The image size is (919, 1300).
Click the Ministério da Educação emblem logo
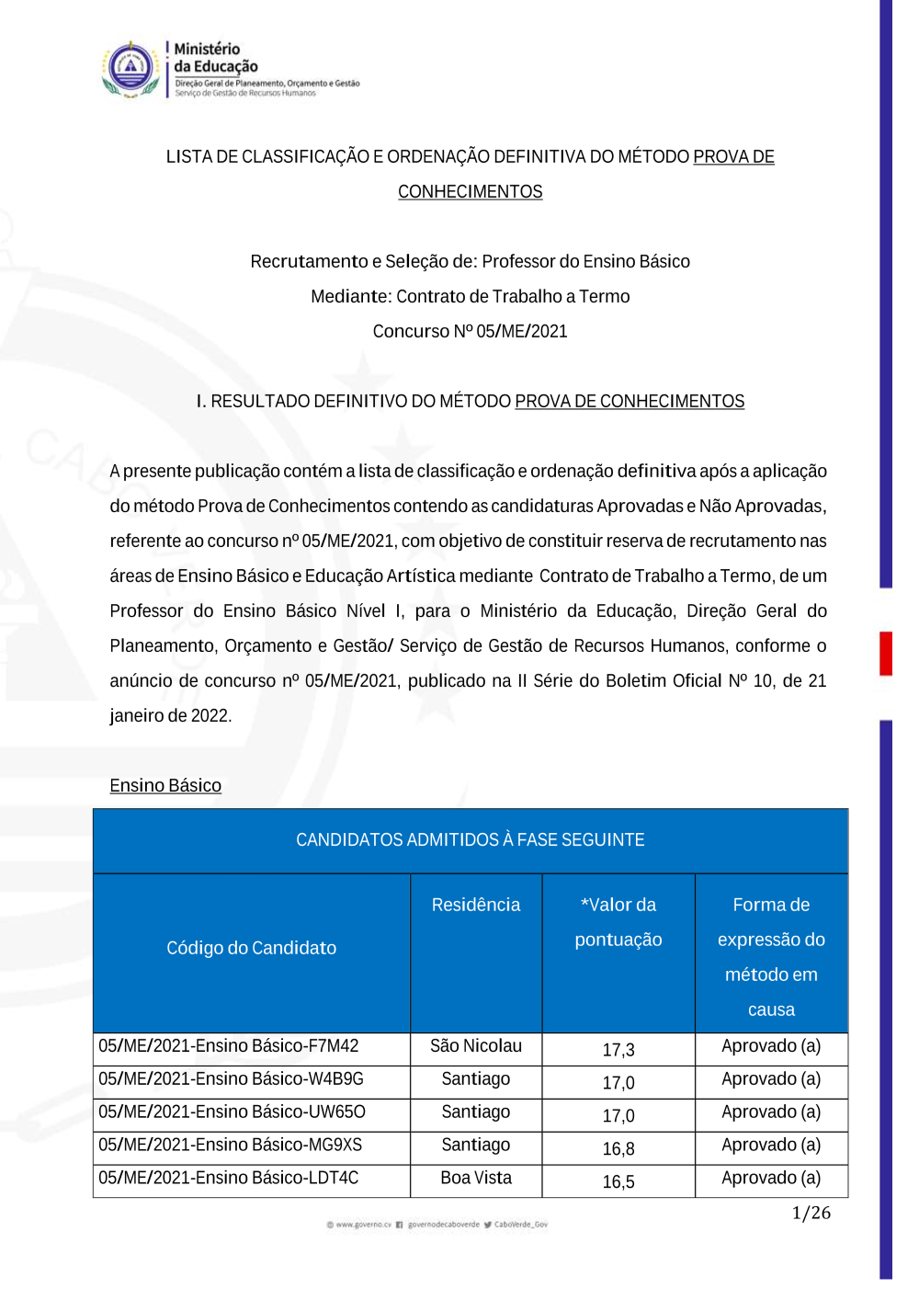point(130,69)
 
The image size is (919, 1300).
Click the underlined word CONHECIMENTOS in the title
point(470,191)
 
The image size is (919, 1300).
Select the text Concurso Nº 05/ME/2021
point(470,331)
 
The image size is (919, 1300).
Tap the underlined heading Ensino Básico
point(165,785)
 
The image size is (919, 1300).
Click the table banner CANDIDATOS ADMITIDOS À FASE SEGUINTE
point(470,839)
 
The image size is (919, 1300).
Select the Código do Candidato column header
point(251,948)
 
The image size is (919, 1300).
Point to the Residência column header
point(475,905)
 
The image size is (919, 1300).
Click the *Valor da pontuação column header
point(618,922)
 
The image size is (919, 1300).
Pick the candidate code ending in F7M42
point(229,1046)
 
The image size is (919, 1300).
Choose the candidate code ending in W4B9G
point(231,1079)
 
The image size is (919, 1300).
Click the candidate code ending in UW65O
point(232,1112)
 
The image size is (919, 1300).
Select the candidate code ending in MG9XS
point(230,1146)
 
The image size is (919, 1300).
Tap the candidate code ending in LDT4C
point(228,1179)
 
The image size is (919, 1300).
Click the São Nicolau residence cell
point(475,1046)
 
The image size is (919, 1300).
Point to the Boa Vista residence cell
point(475,1179)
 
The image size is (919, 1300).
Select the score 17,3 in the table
point(618,1050)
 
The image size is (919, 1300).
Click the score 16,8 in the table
point(618,1149)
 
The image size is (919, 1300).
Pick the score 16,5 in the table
point(618,1182)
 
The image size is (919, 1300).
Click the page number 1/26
point(811,1214)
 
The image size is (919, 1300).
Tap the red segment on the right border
point(886,654)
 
